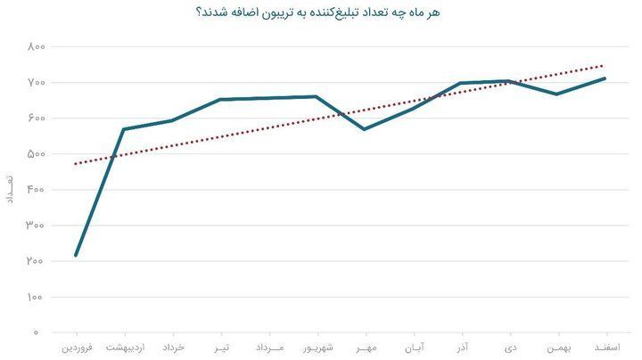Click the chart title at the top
click(318, 12)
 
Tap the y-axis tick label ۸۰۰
click(36, 46)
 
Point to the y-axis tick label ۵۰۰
click(36, 154)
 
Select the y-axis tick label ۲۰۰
click(35, 261)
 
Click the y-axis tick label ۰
click(36, 332)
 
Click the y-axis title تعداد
click(9, 190)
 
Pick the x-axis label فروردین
click(77, 348)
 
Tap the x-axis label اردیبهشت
click(126, 348)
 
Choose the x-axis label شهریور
click(318, 348)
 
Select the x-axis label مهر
click(366, 348)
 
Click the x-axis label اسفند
click(607, 348)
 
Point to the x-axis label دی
click(511, 348)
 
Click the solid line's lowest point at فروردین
click(76, 255)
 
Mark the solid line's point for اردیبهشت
click(124, 129)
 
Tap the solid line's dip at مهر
click(365, 129)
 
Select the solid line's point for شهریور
click(317, 97)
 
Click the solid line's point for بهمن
click(556, 94)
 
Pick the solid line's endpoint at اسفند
click(605, 78)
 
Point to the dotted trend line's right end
click(603, 65)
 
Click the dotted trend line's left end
click(76, 164)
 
